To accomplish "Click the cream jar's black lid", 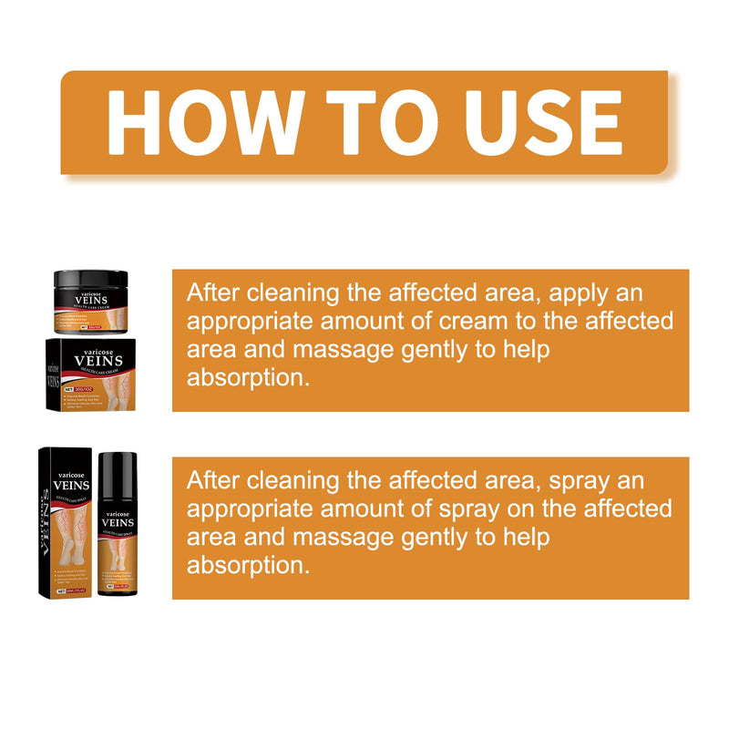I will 89,281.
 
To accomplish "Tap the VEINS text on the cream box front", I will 98,360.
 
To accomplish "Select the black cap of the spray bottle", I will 117,473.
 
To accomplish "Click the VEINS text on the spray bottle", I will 117,522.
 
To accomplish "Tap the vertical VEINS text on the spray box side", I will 46,519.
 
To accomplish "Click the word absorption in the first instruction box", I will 243,378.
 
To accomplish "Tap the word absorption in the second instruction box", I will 243,565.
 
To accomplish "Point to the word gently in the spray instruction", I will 437,537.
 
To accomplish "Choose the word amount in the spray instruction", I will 365,508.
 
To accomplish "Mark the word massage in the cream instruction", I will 353,350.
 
